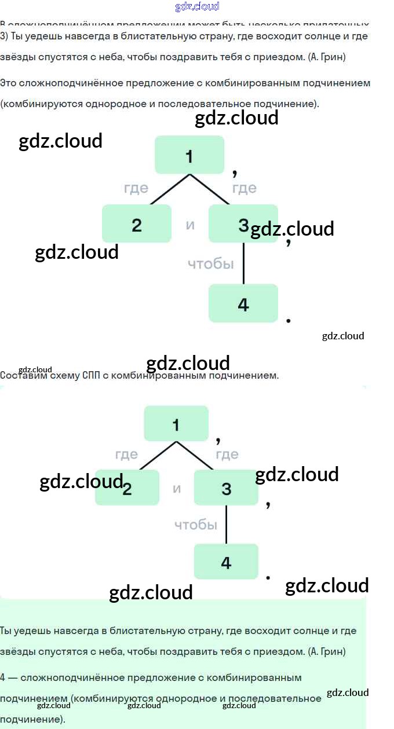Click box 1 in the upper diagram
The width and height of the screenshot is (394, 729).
click(189, 155)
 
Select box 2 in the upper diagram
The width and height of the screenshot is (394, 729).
click(137, 224)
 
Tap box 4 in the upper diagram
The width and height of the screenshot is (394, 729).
click(243, 303)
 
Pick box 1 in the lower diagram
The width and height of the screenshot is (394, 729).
click(176, 424)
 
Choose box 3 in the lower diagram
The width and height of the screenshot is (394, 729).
click(226, 488)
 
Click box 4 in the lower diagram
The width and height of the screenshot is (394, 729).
click(226, 562)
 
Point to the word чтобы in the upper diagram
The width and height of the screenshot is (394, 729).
click(211, 264)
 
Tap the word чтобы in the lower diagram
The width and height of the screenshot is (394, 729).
click(196, 525)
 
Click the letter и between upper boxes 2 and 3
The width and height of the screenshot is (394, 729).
click(190, 225)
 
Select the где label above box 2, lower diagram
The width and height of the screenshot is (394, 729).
click(126, 455)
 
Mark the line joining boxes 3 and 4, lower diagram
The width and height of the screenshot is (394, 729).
click(226, 525)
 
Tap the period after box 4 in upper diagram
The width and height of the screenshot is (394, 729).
click(289, 320)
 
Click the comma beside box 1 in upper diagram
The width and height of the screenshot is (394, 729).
click(235, 173)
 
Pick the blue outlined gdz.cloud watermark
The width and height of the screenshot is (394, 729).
click(197, 7)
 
